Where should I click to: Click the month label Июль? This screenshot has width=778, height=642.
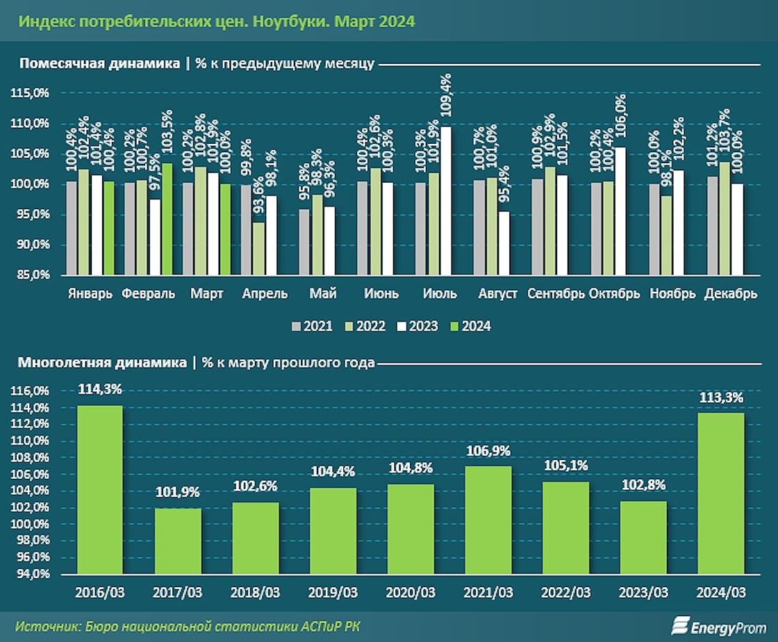(x=440, y=293)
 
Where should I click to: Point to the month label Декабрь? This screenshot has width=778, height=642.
(x=731, y=293)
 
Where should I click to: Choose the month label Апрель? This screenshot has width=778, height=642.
(x=265, y=293)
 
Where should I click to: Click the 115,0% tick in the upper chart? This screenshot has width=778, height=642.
(x=30, y=92)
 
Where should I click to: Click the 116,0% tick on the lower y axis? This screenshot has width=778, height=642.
(x=30, y=391)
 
